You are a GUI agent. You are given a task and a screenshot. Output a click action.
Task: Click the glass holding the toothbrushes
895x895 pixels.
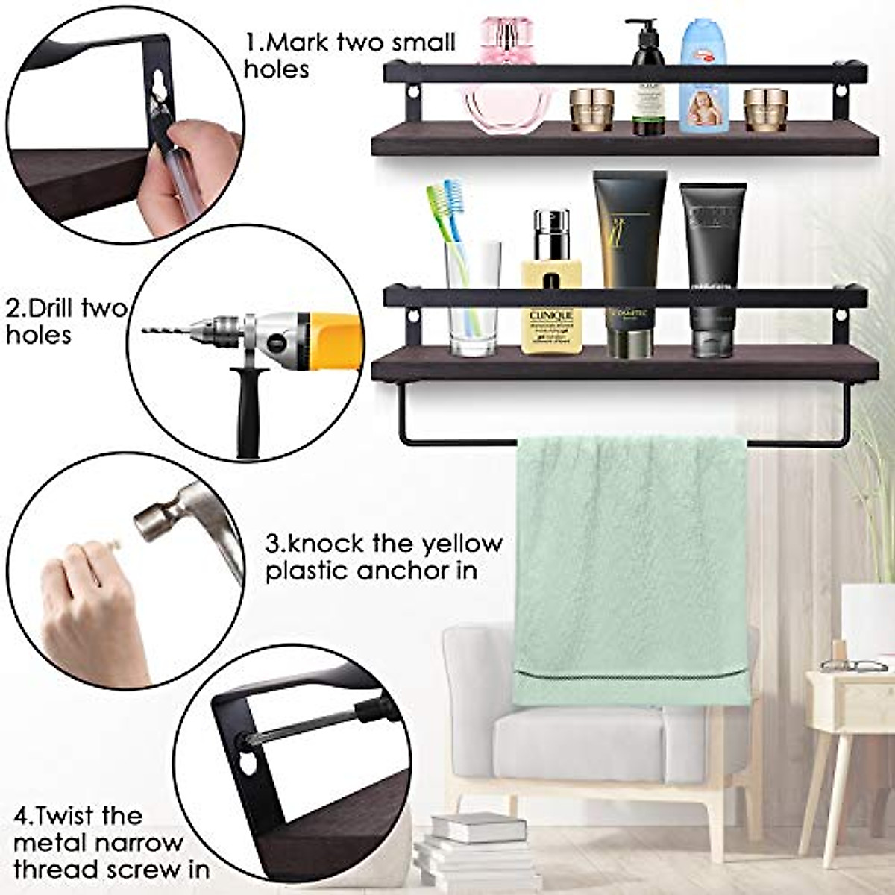pyautogui.click(x=473, y=298)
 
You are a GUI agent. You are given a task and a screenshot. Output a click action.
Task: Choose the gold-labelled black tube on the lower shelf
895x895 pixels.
pyautogui.click(x=629, y=261)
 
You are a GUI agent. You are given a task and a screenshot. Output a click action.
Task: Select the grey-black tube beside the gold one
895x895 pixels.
pyautogui.click(x=712, y=268)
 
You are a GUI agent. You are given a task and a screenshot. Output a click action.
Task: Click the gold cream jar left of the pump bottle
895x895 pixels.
pyautogui.click(x=591, y=110)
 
